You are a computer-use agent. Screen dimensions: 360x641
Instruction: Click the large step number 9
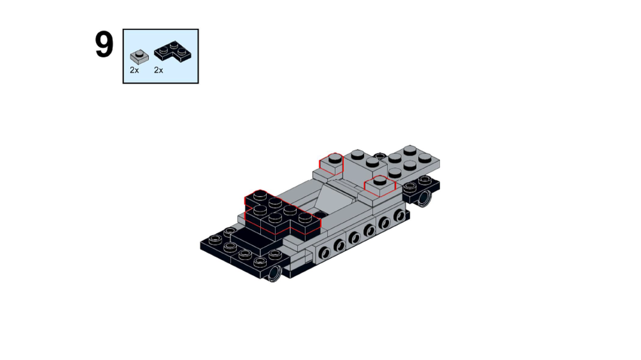tap(104, 45)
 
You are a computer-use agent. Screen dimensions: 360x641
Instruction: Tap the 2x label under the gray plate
tap(134, 70)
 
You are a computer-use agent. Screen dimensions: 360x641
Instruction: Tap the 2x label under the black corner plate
tap(158, 70)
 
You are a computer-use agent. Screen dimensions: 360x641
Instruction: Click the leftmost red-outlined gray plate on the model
tap(331, 164)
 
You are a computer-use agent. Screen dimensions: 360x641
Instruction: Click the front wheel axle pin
tap(274, 274)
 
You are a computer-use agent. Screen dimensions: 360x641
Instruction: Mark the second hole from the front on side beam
tap(340, 245)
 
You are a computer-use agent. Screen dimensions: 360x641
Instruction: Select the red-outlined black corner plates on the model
tap(279, 210)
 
